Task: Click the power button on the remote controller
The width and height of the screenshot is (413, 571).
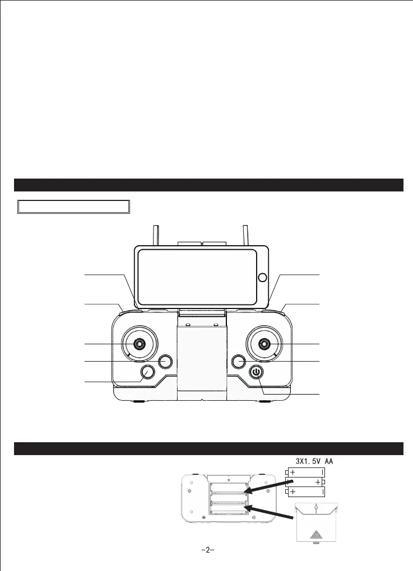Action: [x=256, y=372]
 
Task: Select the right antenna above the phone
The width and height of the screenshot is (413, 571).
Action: [x=245, y=235]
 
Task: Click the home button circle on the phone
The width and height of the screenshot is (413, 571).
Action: [x=262, y=278]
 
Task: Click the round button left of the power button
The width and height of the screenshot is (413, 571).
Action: [x=238, y=362]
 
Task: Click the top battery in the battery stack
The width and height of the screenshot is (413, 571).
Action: [x=306, y=472]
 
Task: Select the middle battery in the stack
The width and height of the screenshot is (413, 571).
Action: [x=306, y=482]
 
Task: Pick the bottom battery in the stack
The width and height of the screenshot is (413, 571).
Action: [x=306, y=492]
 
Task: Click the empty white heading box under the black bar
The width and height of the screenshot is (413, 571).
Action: [x=74, y=206]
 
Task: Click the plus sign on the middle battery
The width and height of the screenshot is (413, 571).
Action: [x=318, y=482]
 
